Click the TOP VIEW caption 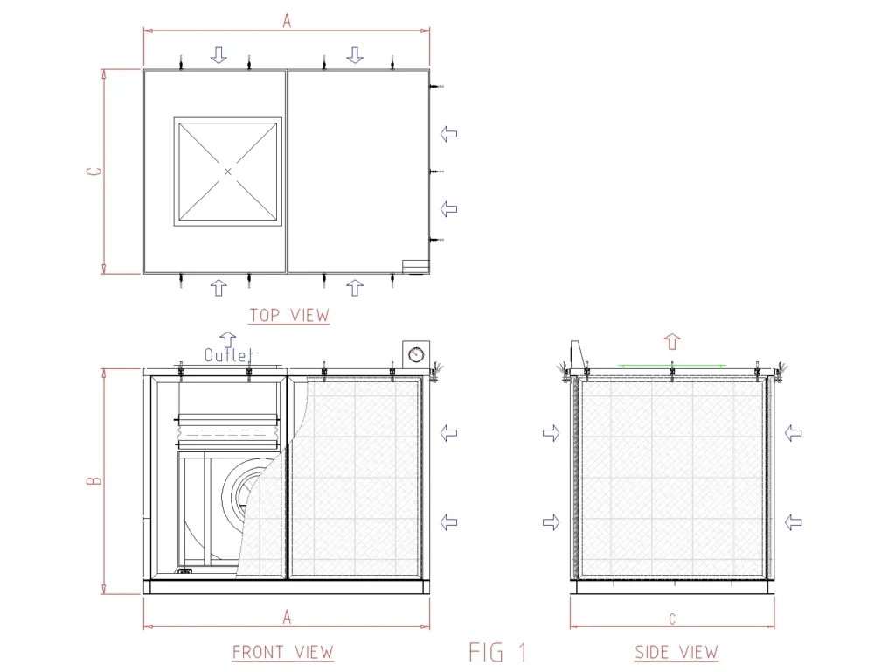click(x=289, y=315)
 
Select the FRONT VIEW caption click(x=282, y=652)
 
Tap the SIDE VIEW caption click(x=676, y=652)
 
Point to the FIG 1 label click(x=498, y=652)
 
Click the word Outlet click(x=228, y=355)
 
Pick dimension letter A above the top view click(x=287, y=22)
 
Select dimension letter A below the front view click(x=287, y=617)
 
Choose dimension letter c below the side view click(x=671, y=619)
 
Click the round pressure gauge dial click(x=415, y=354)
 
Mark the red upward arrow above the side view click(x=671, y=340)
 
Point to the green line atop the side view click(x=671, y=364)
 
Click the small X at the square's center click(x=228, y=171)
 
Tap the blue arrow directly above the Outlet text click(x=227, y=339)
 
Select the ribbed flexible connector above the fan click(x=229, y=429)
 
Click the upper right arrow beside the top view click(x=448, y=134)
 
